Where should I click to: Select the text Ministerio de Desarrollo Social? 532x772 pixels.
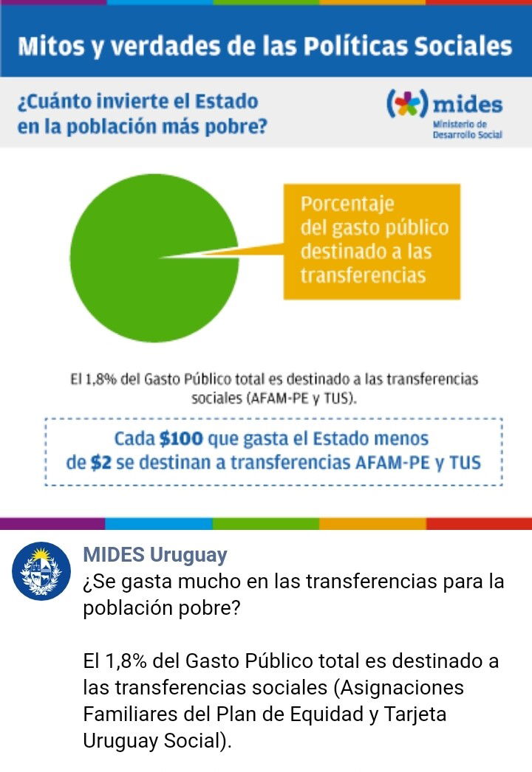point(467,129)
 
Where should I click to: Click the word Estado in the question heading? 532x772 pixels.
point(225,101)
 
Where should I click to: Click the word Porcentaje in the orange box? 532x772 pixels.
point(347,204)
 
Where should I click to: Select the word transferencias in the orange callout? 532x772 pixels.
point(363,275)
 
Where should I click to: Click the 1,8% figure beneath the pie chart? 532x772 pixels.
point(98,379)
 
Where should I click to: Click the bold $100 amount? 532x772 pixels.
point(180,439)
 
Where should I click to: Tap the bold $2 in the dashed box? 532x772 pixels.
point(101,463)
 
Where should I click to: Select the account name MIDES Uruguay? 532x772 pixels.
point(154,555)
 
